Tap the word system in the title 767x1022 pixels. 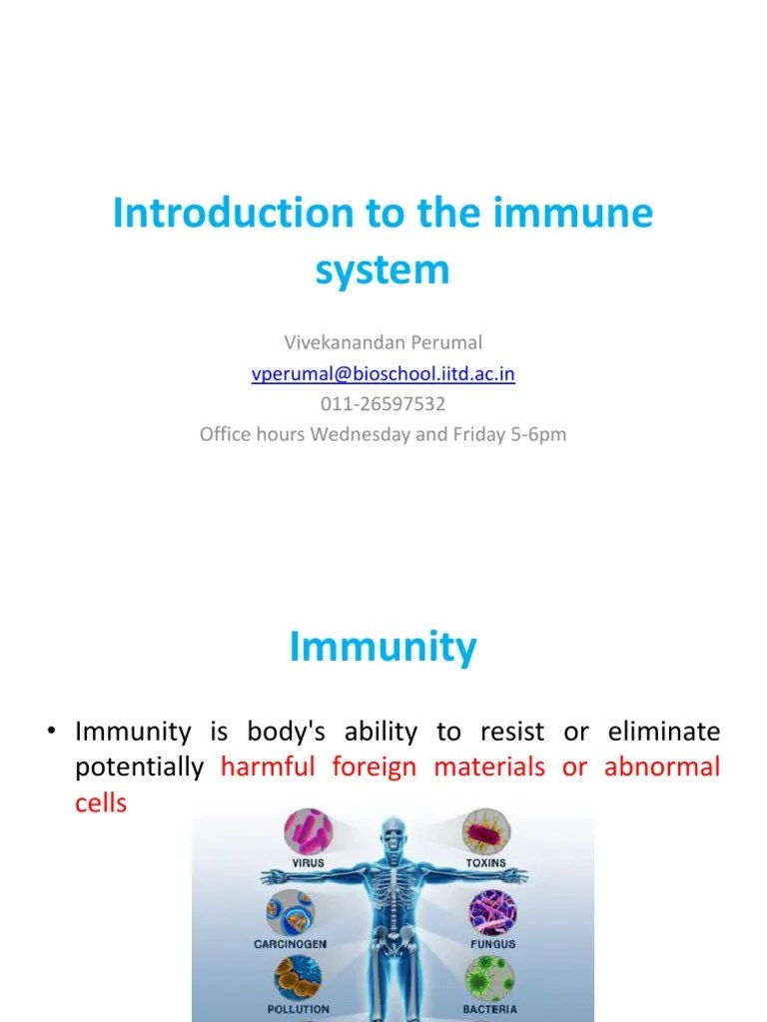pos(383,269)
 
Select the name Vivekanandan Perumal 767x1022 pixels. pos(383,342)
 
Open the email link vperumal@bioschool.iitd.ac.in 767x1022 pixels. pos(383,373)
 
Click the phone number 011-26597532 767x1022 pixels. pos(383,404)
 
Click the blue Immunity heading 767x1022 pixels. pos(383,648)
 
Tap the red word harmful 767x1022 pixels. pos(268,766)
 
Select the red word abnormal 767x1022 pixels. pos(661,766)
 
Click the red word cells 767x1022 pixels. pos(101,802)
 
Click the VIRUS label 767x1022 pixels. pos(308,862)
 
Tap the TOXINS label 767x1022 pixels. pos(486,862)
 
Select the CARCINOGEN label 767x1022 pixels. pos(290,944)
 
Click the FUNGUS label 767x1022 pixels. pos(492,944)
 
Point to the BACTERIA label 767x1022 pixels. pos(489,1009)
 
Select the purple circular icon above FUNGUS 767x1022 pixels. pos(493,911)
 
